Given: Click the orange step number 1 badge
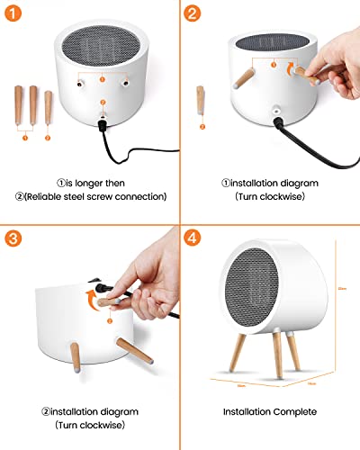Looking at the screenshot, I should (x=13, y=13).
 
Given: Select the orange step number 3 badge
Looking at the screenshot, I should (x=13, y=240).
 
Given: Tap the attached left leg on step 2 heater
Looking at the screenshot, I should (x=242, y=80).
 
